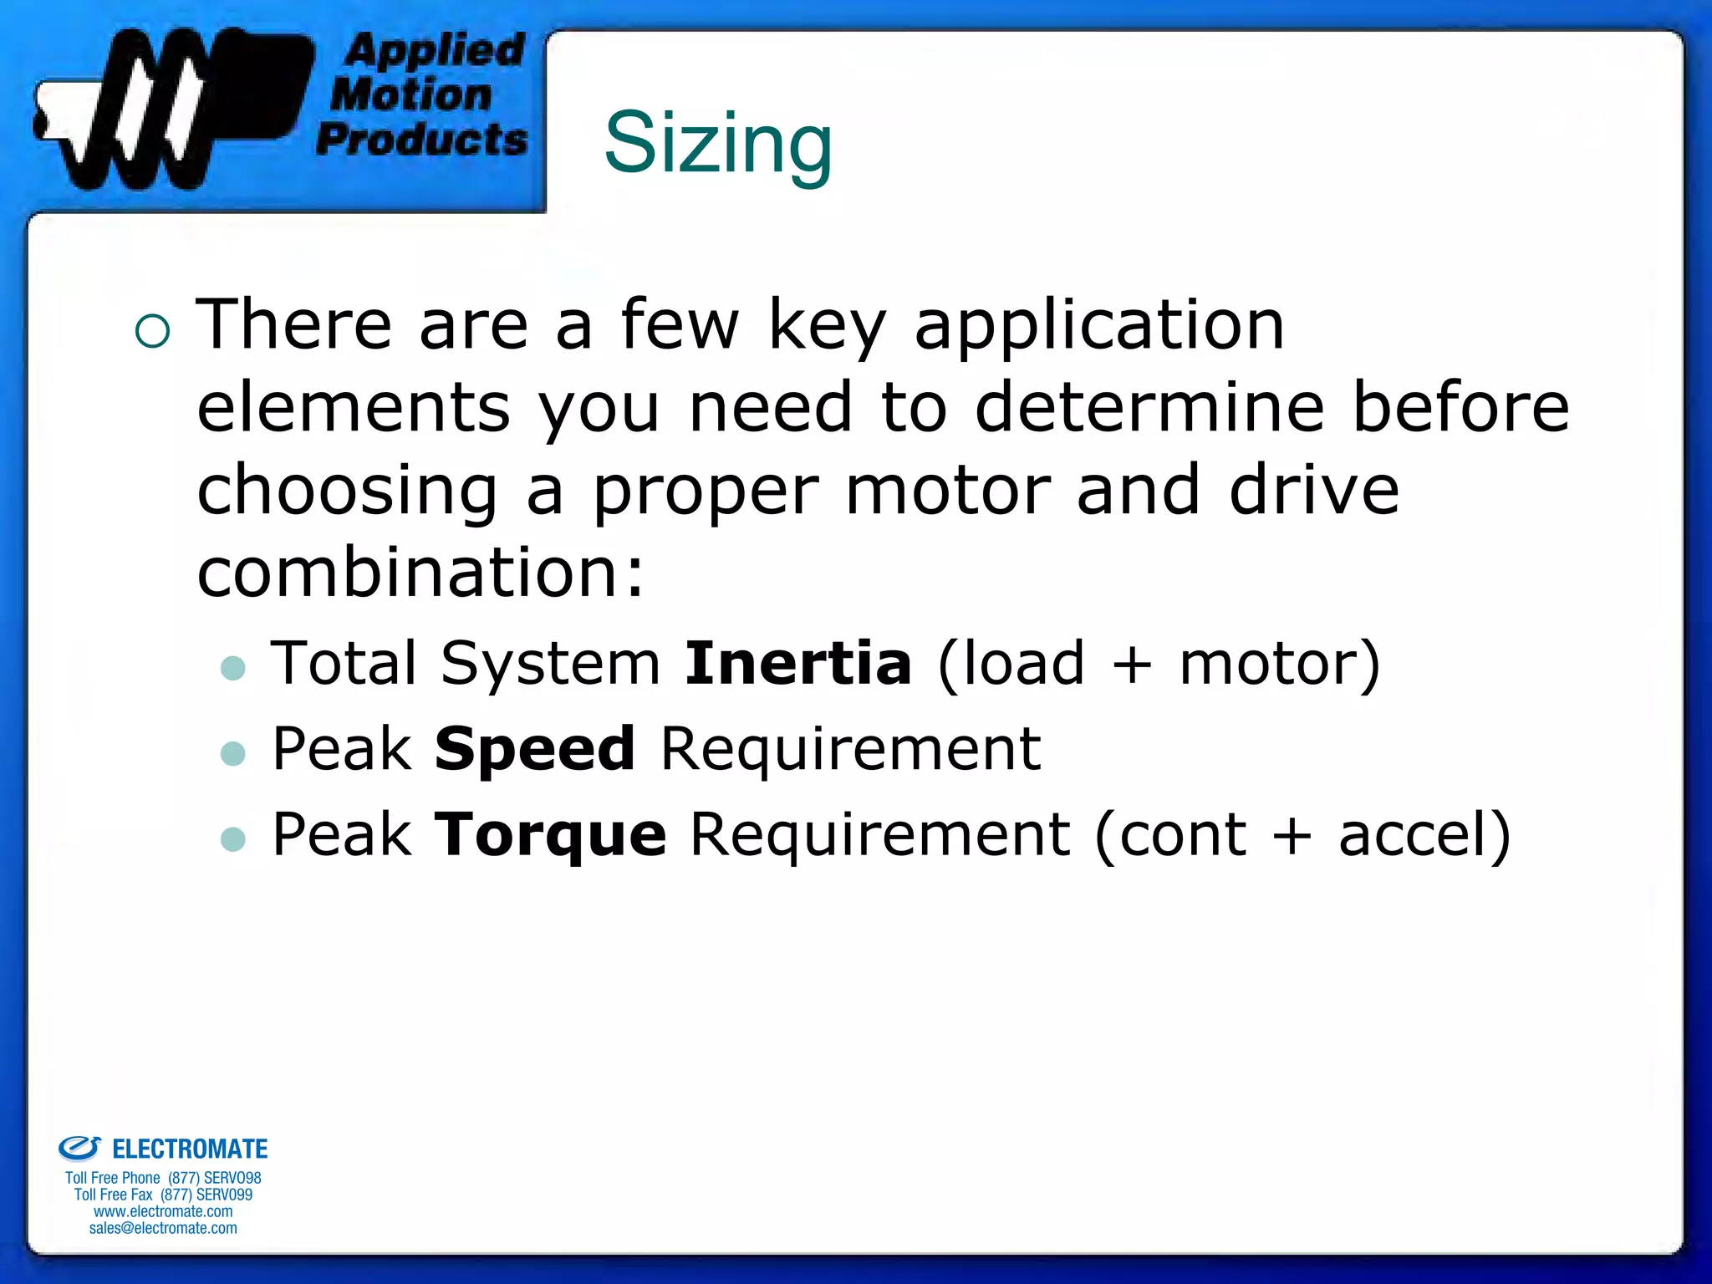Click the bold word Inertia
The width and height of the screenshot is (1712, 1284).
click(x=797, y=663)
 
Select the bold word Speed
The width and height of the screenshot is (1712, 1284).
click(x=535, y=748)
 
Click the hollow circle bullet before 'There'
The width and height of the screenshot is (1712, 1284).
click(x=152, y=330)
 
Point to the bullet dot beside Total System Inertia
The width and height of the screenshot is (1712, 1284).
click(x=233, y=668)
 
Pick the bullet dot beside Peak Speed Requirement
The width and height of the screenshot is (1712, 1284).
click(x=233, y=753)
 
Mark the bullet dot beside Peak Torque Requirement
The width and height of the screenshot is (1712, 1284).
click(x=233, y=838)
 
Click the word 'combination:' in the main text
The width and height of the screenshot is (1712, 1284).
click(x=420, y=573)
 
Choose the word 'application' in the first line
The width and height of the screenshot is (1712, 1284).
click(x=1099, y=326)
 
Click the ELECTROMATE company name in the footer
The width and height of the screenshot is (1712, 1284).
click(x=190, y=1149)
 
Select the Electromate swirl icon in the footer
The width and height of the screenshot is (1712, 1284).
click(x=79, y=1148)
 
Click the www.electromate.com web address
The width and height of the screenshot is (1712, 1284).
click(x=163, y=1211)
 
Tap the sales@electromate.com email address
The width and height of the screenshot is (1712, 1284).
click(x=163, y=1228)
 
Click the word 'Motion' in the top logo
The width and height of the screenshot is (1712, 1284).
click(x=411, y=94)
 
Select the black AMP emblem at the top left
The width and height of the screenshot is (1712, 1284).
click(x=171, y=107)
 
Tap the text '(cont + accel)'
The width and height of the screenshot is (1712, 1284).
click(x=1302, y=834)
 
